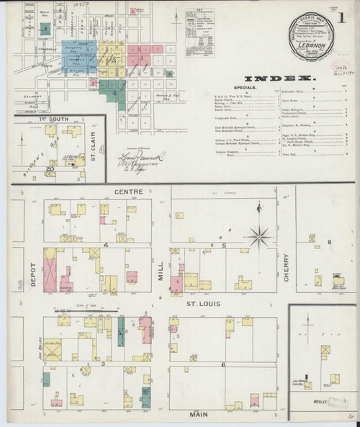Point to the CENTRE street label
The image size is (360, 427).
(134, 192)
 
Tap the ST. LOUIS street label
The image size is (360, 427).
(198, 304)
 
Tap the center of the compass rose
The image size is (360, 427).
(259, 235)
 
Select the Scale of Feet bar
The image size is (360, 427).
(89, 310)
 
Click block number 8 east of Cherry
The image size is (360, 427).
(330, 243)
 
